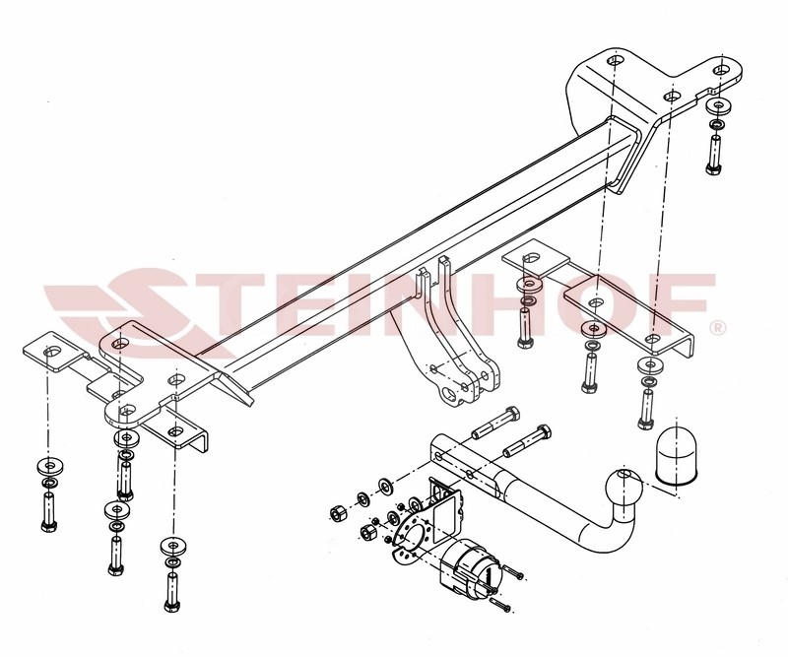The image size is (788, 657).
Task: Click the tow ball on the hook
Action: coord(624,488)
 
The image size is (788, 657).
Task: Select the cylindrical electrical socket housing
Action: coord(469,567)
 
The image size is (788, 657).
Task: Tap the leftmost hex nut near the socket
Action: coord(337,513)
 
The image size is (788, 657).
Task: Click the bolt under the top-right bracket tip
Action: coord(713,155)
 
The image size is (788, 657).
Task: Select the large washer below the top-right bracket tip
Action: coord(719,106)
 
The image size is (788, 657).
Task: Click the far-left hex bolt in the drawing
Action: coord(48,511)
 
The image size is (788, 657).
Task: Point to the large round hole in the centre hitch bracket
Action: coord(451,393)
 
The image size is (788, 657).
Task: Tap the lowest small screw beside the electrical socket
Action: coord(501,605)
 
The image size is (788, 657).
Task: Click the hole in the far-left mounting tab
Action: coord(50,350)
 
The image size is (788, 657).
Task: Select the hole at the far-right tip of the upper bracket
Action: coord(721,69)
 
